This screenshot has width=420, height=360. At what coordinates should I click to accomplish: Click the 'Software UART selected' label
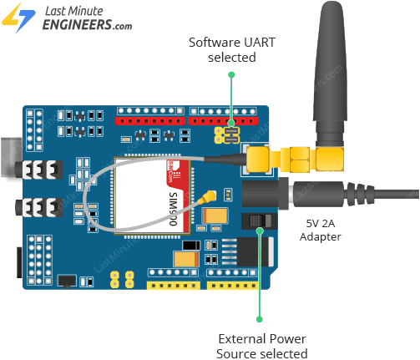[x=222, y=49]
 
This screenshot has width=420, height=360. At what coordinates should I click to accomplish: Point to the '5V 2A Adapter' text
[x=321, y=230]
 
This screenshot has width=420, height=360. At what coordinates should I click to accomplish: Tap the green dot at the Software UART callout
[x=232, y=75]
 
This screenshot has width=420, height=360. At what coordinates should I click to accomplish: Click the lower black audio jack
[x=38, y=205]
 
